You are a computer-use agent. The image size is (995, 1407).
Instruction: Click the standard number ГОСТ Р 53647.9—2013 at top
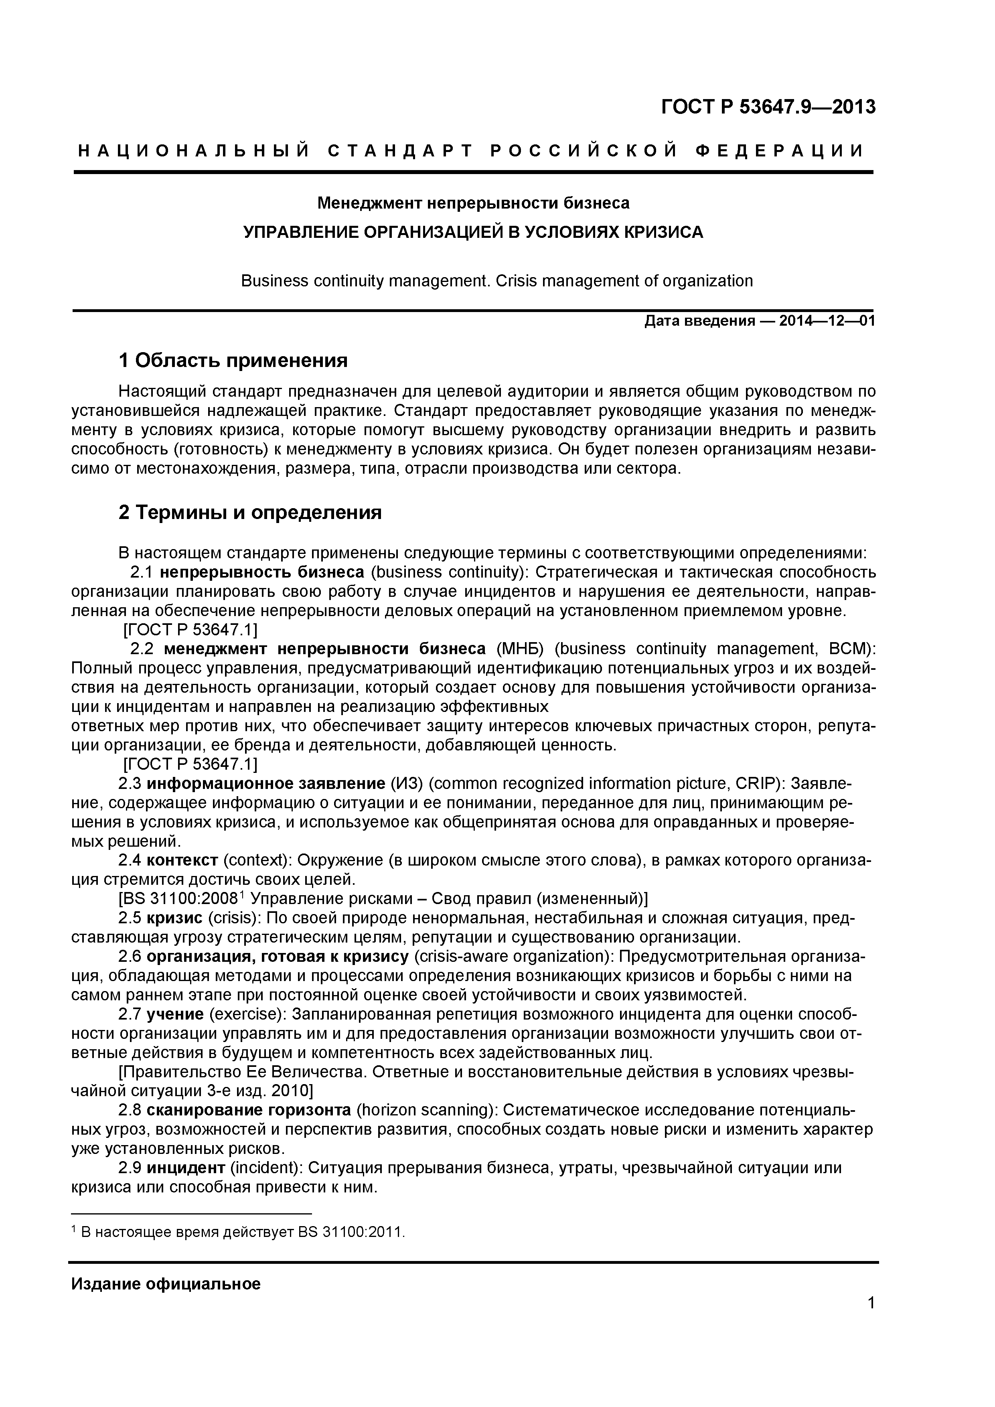[768, 107]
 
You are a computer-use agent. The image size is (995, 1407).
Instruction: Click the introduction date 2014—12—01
[827, 321]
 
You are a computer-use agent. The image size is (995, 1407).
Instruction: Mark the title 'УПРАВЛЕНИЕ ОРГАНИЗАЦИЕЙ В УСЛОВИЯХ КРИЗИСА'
[473, 232]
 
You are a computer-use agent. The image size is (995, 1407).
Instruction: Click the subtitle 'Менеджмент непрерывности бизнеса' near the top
[473, 203]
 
